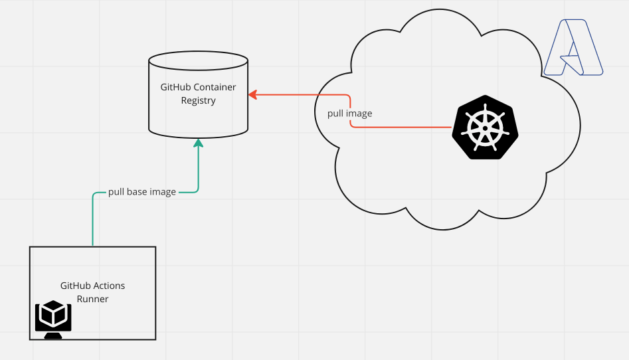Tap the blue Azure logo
(x=573, y=48)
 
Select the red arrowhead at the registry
(x=253, y=95)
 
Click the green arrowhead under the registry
(x=198, y=143)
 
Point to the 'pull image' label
(x=349, y=114)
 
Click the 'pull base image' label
(x=142, y=192)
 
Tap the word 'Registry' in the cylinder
(x=199, y=101)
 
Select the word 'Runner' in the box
(x=92, y=299)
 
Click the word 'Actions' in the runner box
(x=108, y=286)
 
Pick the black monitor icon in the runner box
(x=53, y=319)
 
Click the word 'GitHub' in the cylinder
(x=175, y=87)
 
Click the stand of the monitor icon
(x=53, y=335)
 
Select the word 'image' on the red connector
(x=359, y=114)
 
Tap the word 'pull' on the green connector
(x=116, y=192)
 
